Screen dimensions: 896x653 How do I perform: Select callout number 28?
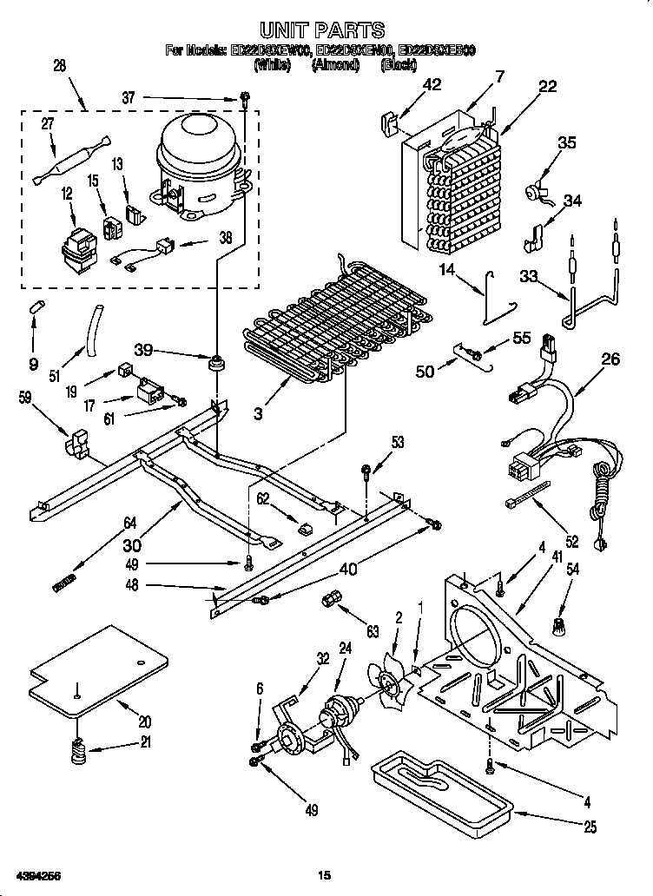coord(59,66)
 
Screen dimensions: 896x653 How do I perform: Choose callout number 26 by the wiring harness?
coord(610,359)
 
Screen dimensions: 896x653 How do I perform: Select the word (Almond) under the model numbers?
coord(335,65)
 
